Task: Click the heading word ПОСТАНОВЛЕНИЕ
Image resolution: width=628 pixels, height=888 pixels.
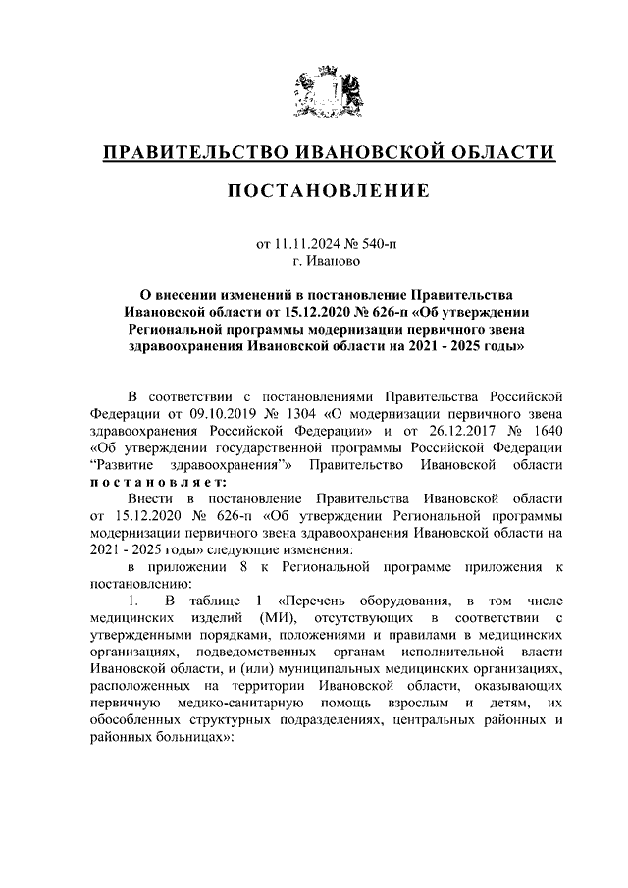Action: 330,191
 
